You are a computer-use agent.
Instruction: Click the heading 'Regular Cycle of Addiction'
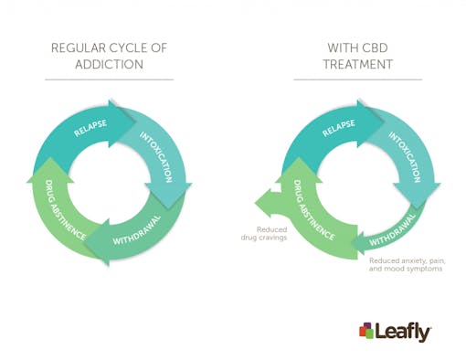point(109,56)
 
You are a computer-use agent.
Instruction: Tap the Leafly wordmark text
point(403,331)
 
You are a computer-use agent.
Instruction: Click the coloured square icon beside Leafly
point(366,330)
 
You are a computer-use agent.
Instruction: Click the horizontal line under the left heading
point(109,79)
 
